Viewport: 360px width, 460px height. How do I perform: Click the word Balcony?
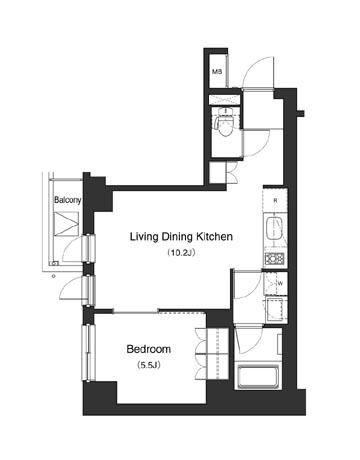[x=68, y=199]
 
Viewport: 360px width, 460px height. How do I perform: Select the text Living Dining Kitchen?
[x=183, y=237]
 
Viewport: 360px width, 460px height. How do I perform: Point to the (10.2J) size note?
[x=183, y=254]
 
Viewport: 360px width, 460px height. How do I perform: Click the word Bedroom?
[x=149, y=349]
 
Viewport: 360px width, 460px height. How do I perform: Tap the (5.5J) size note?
[x=149, y=365]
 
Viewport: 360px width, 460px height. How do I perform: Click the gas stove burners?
[x=275, y=260]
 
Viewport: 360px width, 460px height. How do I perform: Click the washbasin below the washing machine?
[x=273, y=305]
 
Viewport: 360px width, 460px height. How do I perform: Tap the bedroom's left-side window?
[x=90, y=355]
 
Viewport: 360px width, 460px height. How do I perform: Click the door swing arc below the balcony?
[x=73, y=292]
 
